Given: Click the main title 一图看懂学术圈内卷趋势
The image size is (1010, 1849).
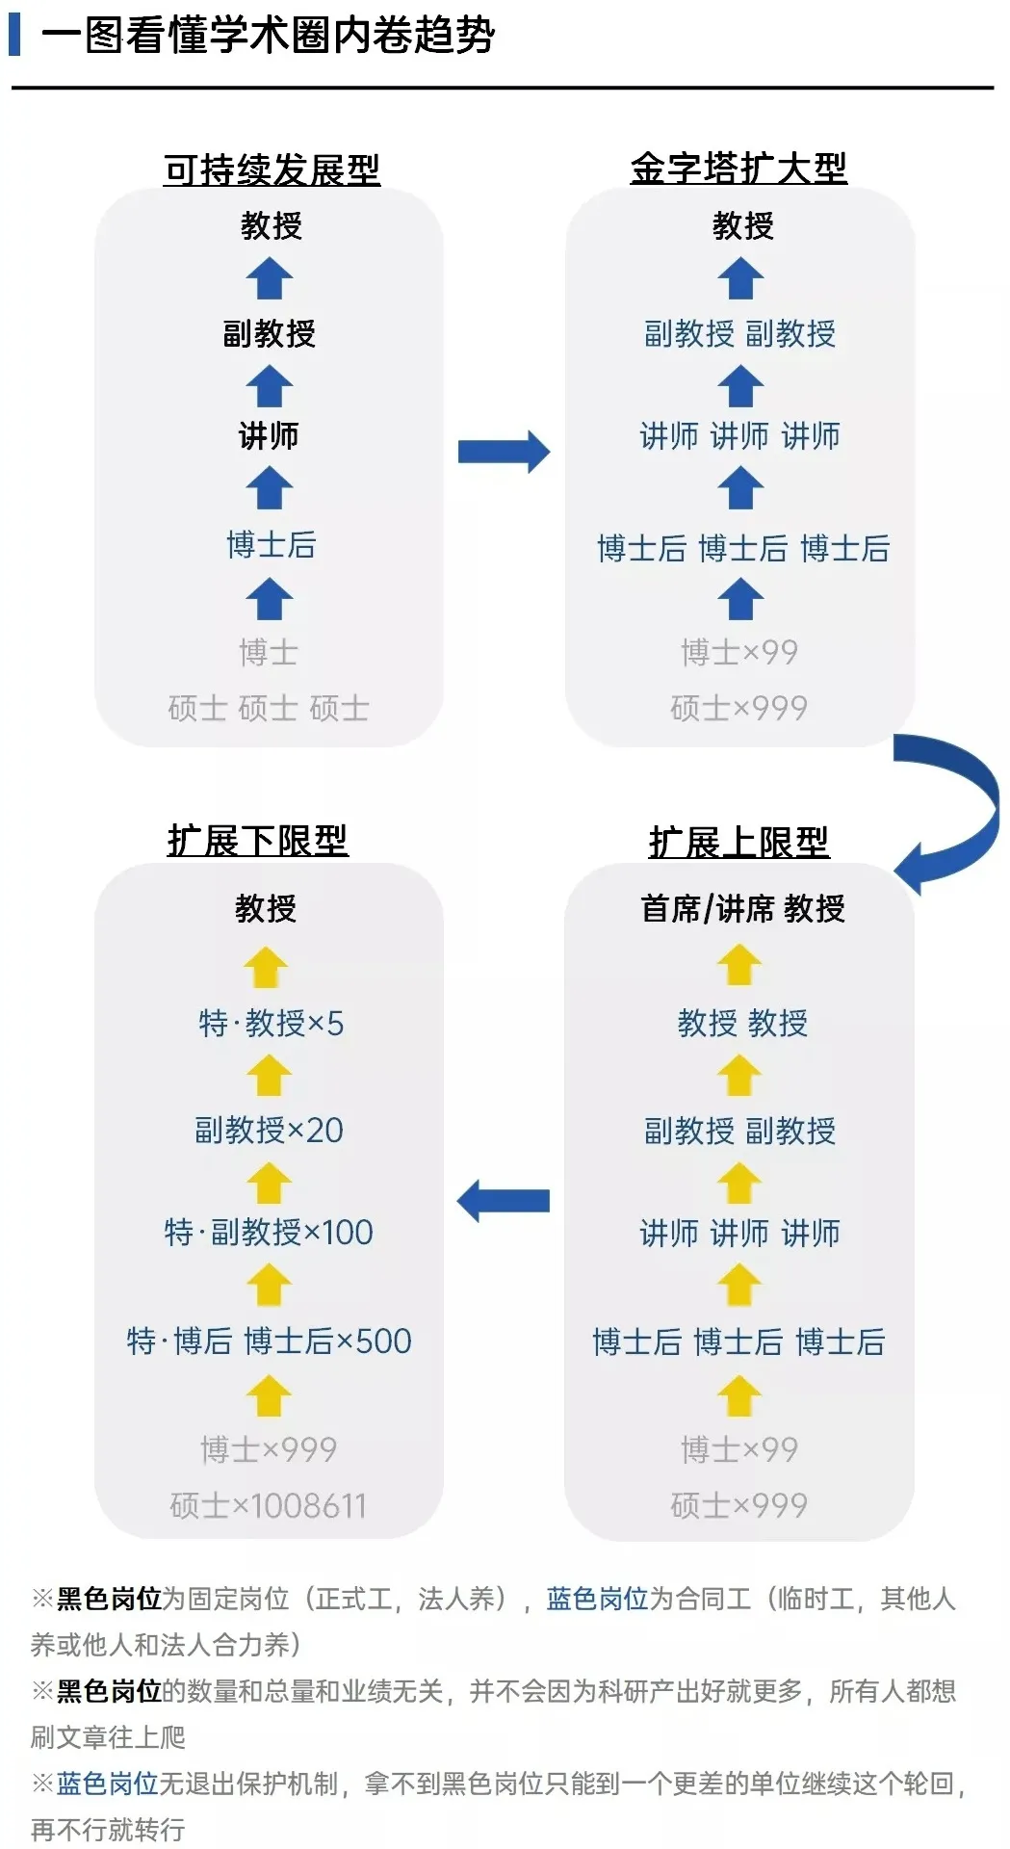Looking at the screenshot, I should [x=268, y=36].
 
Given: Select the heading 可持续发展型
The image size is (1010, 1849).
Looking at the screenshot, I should [x=272, y=169].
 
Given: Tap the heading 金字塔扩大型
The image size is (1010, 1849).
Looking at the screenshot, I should [x=738, y=168].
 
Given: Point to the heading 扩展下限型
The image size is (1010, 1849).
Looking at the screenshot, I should [x=257, y=840].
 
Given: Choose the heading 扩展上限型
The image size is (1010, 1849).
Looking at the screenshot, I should [x=738, y=842].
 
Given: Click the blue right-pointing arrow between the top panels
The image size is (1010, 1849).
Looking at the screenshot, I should [x=504, y=452].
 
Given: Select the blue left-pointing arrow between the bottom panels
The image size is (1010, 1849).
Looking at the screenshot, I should [x=503, y=1201].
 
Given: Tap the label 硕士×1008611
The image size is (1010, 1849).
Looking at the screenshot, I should [x=269, y=1505].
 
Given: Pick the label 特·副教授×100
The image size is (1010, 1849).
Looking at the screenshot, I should [x=269, y=1232].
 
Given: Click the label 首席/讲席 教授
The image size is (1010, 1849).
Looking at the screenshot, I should [x=742, y=908].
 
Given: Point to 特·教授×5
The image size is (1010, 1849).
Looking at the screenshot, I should [x=271, y=1023].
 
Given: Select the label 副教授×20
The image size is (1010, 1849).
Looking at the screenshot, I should [x=269, y=1130].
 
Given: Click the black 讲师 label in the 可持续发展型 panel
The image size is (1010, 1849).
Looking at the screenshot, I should [x=269, y=435].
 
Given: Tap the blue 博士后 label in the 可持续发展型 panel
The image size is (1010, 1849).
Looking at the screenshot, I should [x=271, y=544].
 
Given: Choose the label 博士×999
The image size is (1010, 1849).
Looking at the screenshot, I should [x=269, y=1449].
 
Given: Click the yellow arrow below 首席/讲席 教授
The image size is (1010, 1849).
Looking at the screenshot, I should [x=739, y=965].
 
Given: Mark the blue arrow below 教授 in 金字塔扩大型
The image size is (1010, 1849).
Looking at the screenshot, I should [x=740, y=279].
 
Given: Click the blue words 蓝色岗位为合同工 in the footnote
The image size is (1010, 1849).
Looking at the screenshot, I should [x=648, y=1599].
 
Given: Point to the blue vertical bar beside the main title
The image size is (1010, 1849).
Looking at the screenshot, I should [x=14, y=35].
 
